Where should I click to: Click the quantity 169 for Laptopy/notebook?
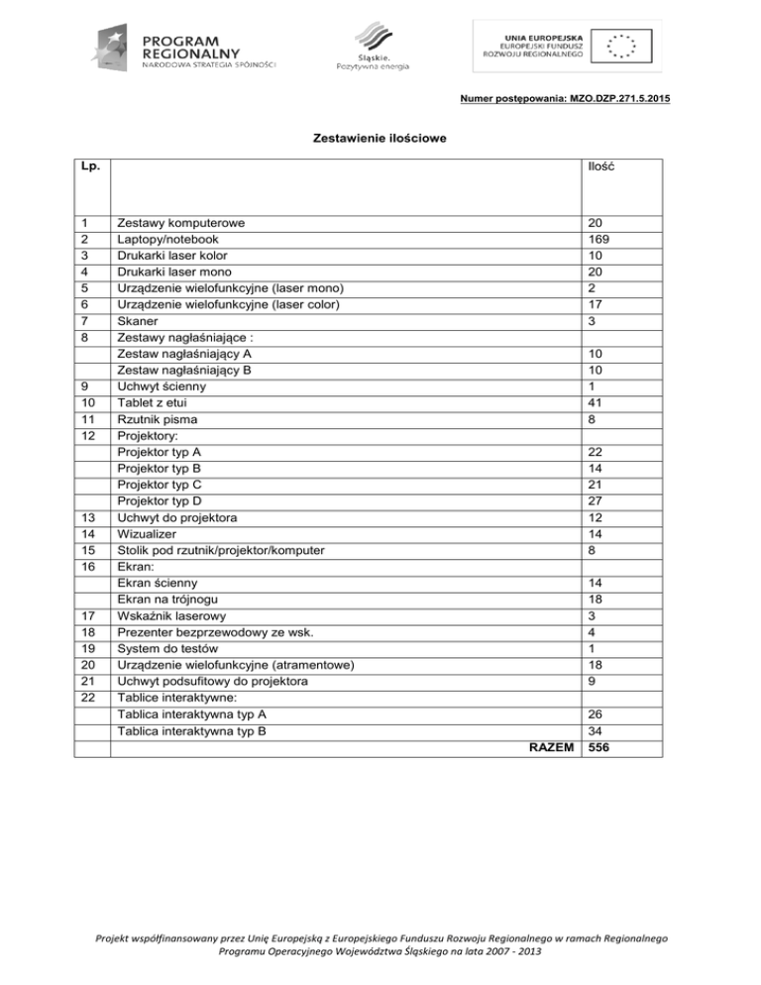(598, 240)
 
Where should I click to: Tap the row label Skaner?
(138, 322)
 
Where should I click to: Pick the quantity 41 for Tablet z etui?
(595, 403)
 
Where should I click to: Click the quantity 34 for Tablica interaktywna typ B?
(595, 729)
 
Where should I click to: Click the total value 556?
(598, 747)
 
